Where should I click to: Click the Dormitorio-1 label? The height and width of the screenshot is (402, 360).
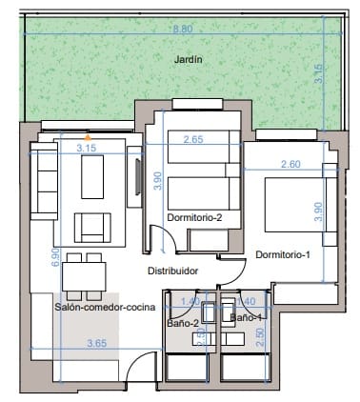pyautogui.click(x=283, y=254)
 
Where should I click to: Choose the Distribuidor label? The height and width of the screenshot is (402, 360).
pyautogui.click(x=171, y=271)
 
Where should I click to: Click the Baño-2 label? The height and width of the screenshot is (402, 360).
pyautogui.click(x=182, y=324)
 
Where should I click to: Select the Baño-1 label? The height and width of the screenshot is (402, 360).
pyautogui.click(x=245, y=316)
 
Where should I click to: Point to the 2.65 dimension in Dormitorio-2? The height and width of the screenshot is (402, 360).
pyautogui.click(x=193, y=140)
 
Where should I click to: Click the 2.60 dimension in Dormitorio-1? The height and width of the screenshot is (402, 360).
pyautogui.click(x=290, y=165)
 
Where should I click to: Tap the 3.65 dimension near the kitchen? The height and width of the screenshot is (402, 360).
pyautogui.click(x=95, y=342)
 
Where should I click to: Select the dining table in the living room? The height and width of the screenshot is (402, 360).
pyautogui.click(x=83, y=276)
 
